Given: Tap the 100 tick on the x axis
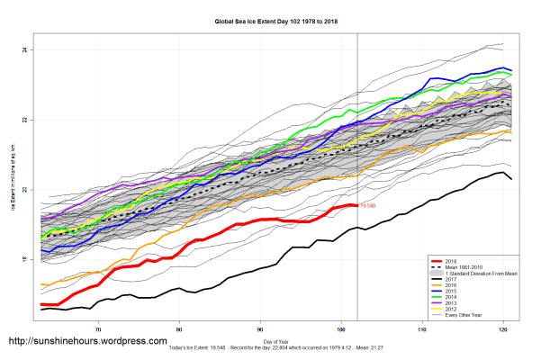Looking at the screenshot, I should (x=341, y=329).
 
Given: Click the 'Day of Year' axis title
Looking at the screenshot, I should (x=275, y=342).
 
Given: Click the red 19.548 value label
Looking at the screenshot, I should (x=366, y=206).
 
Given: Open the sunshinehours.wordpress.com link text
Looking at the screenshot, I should (x=87, y=342).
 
